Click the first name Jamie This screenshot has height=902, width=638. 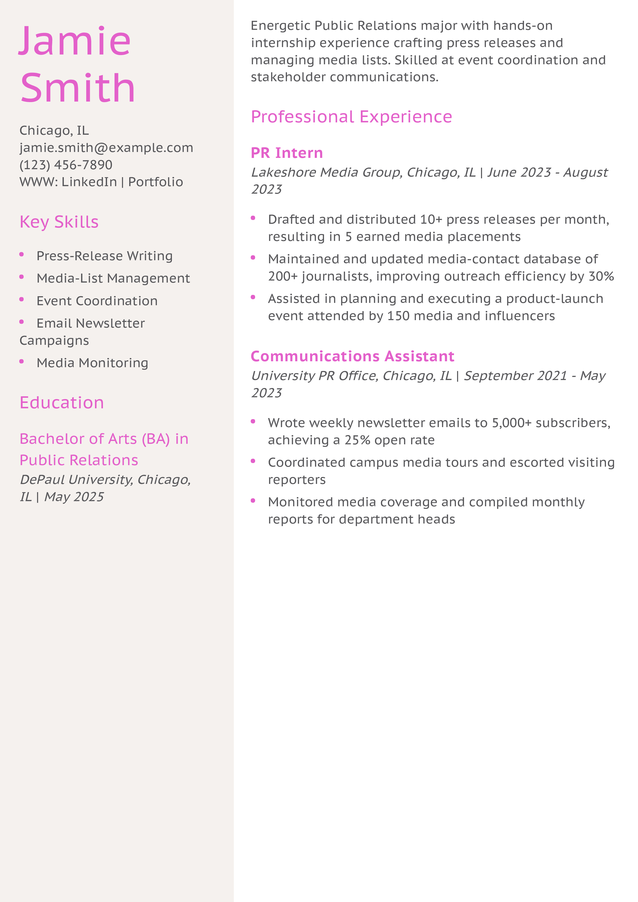[75, 41]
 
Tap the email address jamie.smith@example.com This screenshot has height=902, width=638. [106, 148]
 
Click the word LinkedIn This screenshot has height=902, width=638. [89, 182]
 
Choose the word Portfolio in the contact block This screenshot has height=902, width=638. [156, 182]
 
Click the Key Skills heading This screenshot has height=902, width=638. [59, 222]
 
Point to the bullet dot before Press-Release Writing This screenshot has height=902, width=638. [22, 255]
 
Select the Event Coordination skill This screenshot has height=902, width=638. [97, 301]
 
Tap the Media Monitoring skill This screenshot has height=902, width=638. [92, 363]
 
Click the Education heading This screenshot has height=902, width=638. [62, 403]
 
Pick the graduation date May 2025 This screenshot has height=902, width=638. [74, 497]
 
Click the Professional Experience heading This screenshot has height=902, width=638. [352, 117]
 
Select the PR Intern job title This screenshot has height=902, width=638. [286, 153]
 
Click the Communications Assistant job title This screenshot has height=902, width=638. [352, 356]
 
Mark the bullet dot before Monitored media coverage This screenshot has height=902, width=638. [253, 501]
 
